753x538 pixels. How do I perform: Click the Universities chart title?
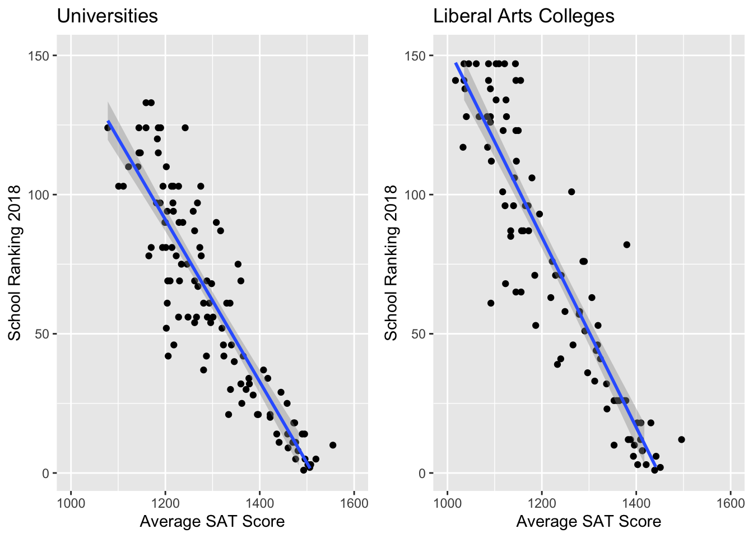(107, 16)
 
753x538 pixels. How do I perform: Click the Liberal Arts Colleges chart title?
(523, 16)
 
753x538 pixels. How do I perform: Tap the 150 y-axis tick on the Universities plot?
(43, 56)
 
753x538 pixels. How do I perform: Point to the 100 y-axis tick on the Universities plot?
(43, 195)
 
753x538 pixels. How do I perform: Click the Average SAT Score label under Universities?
(212, 522)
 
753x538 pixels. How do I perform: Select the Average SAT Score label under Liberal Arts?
(588, 522)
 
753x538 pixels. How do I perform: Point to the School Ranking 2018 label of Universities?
(15, 263)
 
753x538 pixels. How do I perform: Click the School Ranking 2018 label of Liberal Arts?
(391, 263)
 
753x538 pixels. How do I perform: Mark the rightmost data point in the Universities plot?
(333, 445)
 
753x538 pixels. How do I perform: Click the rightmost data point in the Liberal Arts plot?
(681, 439)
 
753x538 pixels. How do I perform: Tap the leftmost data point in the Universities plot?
(108, 128)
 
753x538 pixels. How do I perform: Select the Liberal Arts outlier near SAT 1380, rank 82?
(626, 244)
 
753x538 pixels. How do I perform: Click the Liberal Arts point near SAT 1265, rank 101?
(571, 192)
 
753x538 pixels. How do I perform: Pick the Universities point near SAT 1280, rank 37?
(203, 370)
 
